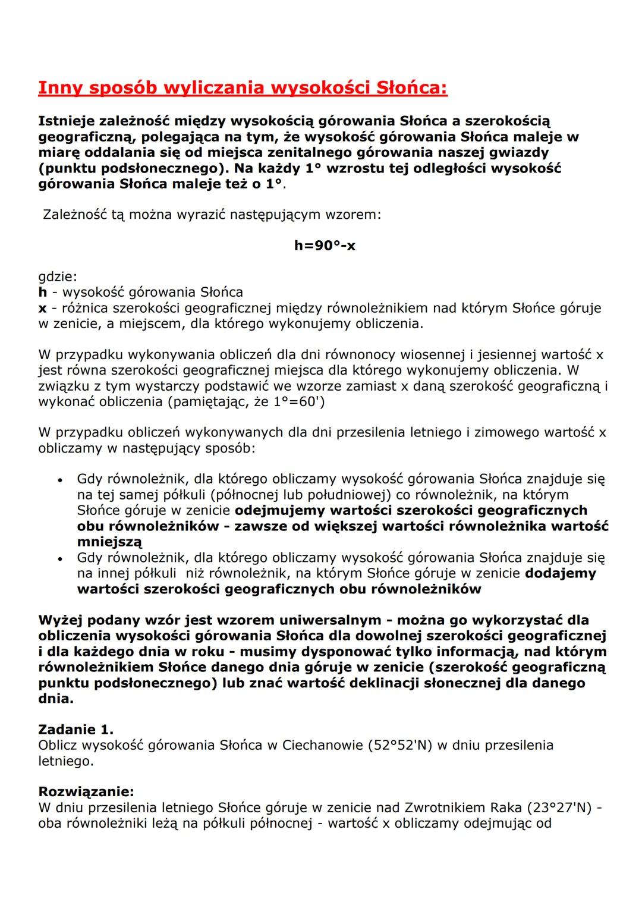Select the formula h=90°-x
(x=325, y=246)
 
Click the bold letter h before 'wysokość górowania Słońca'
(x=42, y=292)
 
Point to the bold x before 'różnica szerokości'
(x=42, y=308)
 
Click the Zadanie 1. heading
(x=75, y=729)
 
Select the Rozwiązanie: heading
(x=86, y=791)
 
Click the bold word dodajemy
(x=561, y=573)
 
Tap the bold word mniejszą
(x=109, y=542)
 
